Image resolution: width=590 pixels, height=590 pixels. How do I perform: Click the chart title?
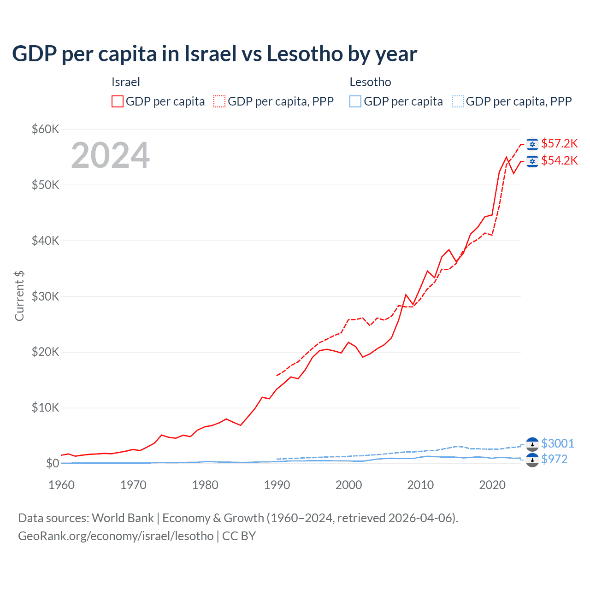[x=214, y=54]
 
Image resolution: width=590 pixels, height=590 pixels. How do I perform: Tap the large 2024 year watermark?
[x=111, y=155]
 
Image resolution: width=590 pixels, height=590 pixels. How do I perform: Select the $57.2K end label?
[x=559, y=143]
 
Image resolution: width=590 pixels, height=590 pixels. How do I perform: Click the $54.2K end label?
[x=559, y=160]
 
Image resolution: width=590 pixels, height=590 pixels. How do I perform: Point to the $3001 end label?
[x=557, y=443]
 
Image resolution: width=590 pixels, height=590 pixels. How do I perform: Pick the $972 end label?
[x=554, y=459]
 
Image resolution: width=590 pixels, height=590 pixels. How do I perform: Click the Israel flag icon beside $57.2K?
[x=532, y=144]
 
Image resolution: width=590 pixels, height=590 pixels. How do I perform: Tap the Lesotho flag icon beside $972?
[x=532, y=460]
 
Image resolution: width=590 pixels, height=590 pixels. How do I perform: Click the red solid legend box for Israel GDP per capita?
[x=118, y=101]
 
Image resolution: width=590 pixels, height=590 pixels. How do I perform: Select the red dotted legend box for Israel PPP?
[x=219, y=101]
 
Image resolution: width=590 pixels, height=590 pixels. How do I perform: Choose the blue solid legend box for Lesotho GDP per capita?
[x=355, y=101]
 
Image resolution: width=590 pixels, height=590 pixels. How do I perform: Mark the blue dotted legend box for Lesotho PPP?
[x=458, y=101]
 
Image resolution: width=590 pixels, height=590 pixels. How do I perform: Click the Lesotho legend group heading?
[x=370, y=82]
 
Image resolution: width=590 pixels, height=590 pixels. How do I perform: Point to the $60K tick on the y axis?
[x=45, y=129]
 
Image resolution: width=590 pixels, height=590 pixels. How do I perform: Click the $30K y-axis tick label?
[x=45, y=296]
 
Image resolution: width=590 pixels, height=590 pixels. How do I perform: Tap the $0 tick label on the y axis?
[x=52, y=463]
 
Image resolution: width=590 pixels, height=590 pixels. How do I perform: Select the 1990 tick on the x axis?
[x=277, y=485]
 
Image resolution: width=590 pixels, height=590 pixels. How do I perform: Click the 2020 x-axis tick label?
[x=492, y=485]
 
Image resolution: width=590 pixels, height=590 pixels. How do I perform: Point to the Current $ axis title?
[x=19, y=296]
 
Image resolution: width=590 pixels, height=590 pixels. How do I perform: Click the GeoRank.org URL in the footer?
[x=116, y=536]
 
